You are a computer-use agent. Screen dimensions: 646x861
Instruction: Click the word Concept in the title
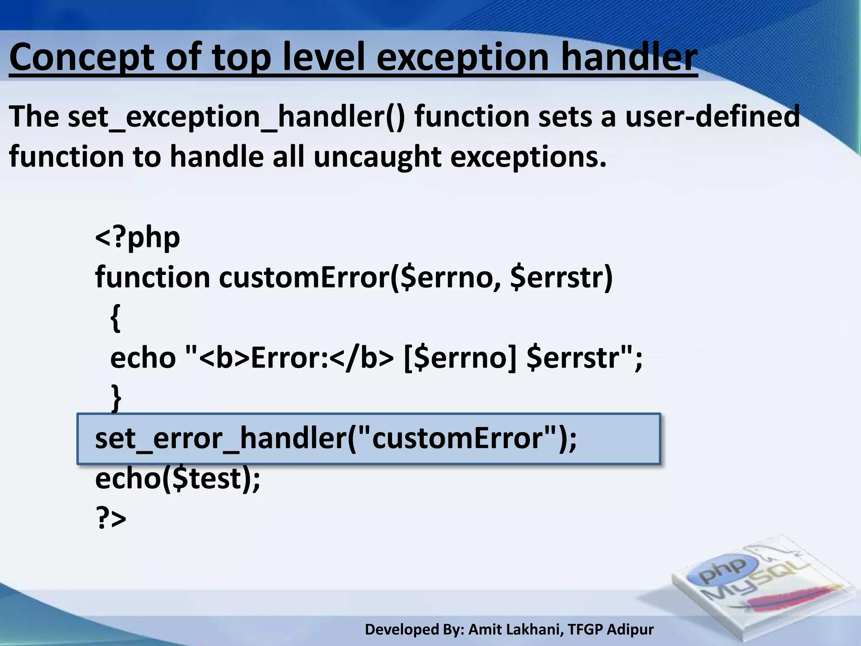pyautogui.click(x=82, y=58)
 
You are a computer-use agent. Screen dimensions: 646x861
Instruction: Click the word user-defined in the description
pyautogui.click(x=712, y=116)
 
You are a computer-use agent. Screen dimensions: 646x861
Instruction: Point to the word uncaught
pyautogui.click(x=377, y=157)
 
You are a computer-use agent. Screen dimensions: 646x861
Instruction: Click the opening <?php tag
pyautogui.click(x=137, y=237)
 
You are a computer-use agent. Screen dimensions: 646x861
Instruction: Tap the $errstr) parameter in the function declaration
pyautogui.click(x=561, y=278)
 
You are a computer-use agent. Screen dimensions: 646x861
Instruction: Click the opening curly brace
pyautogui.click(x=116, y=318)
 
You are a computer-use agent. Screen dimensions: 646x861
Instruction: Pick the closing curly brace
pyautogui.click(x=116, y=398)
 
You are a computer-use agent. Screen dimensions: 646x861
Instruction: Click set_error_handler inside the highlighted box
pyautogui.click(x=220, y=439)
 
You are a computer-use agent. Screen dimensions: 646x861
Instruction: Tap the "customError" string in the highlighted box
pyautogui.click(x=457, y=439)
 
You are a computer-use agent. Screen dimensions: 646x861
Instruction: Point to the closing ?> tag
pyautogui.click(x=111, y=518)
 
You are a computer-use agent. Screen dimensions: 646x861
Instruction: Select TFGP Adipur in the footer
pyautogui.click(x=610, y=630)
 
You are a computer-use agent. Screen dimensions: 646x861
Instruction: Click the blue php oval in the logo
pyautogui.click(x=728, y=571)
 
